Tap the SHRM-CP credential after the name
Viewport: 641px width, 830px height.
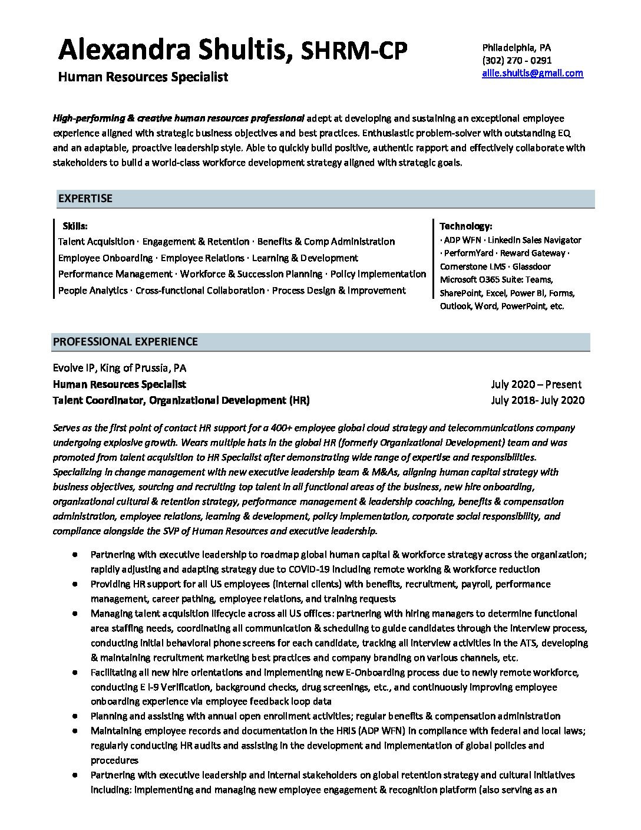coord(354,52)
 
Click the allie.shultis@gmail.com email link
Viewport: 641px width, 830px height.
coord(532,73)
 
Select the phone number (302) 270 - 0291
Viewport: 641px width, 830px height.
coord(517,60)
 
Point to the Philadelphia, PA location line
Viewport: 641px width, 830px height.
coord(517,47)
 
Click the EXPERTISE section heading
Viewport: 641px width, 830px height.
coord(85,199)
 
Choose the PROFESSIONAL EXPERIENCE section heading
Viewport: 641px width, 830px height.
coord(125,342)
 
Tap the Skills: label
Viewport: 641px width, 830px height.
coord(75,226)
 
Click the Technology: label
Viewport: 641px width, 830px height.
coord(465,226)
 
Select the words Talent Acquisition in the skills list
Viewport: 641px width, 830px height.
coord(96,242)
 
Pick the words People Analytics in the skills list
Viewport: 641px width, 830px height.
coord(92,291)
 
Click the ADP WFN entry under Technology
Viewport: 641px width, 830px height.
coord(462,240)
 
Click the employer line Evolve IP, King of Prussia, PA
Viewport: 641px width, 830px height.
coord(119,368)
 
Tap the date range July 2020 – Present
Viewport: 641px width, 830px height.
coord(536,384)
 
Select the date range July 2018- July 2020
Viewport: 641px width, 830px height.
coord(537,401)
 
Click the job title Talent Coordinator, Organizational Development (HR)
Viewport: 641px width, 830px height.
coord(181,401)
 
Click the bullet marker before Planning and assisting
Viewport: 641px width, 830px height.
coord(75,716)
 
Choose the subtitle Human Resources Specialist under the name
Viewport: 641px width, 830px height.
coord(143,77)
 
